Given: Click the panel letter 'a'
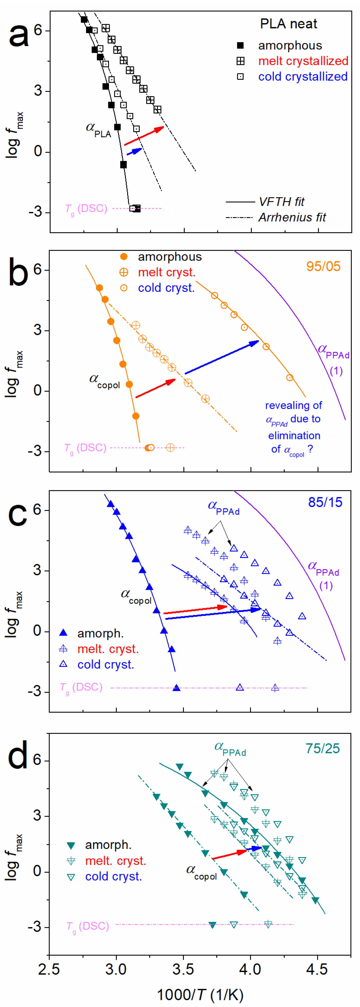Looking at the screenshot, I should coord(18,35).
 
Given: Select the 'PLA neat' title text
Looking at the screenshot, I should coord(288,24).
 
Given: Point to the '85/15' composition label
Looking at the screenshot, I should coord(325,502).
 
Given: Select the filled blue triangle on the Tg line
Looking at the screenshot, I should coord(177,688).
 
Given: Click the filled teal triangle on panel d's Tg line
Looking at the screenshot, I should coord(212,925).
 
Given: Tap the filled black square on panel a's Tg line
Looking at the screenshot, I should coord(137,209).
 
